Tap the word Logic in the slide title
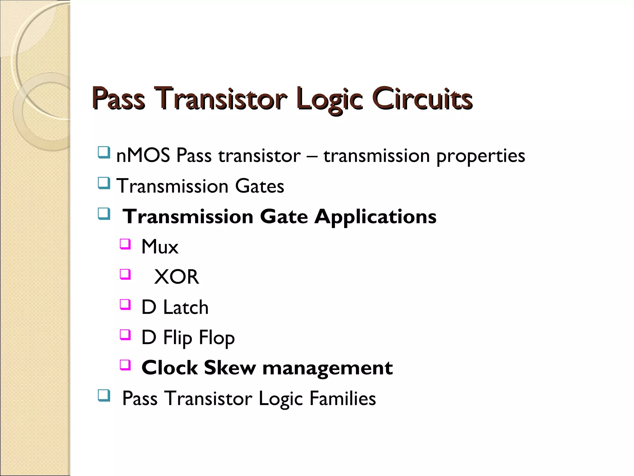tap(329, 99)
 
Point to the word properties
tap(480, 156)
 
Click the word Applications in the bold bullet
tap(375, 216)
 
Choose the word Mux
tap(160, 247)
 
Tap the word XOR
tap(176, 277)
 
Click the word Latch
tap(186, 307)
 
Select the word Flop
tap(217, 338)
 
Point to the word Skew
tap(230, 368)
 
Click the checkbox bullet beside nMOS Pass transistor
tap(104, 152)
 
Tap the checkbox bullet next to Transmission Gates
tap(104, 183)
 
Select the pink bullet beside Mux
tap(125, 244)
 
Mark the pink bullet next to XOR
tap(125, 274)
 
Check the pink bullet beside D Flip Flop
tap(125, 335)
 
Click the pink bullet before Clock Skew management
tap(125, 365)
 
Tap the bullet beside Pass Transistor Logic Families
tap(104, 395)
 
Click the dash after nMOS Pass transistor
tap(312, 156)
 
